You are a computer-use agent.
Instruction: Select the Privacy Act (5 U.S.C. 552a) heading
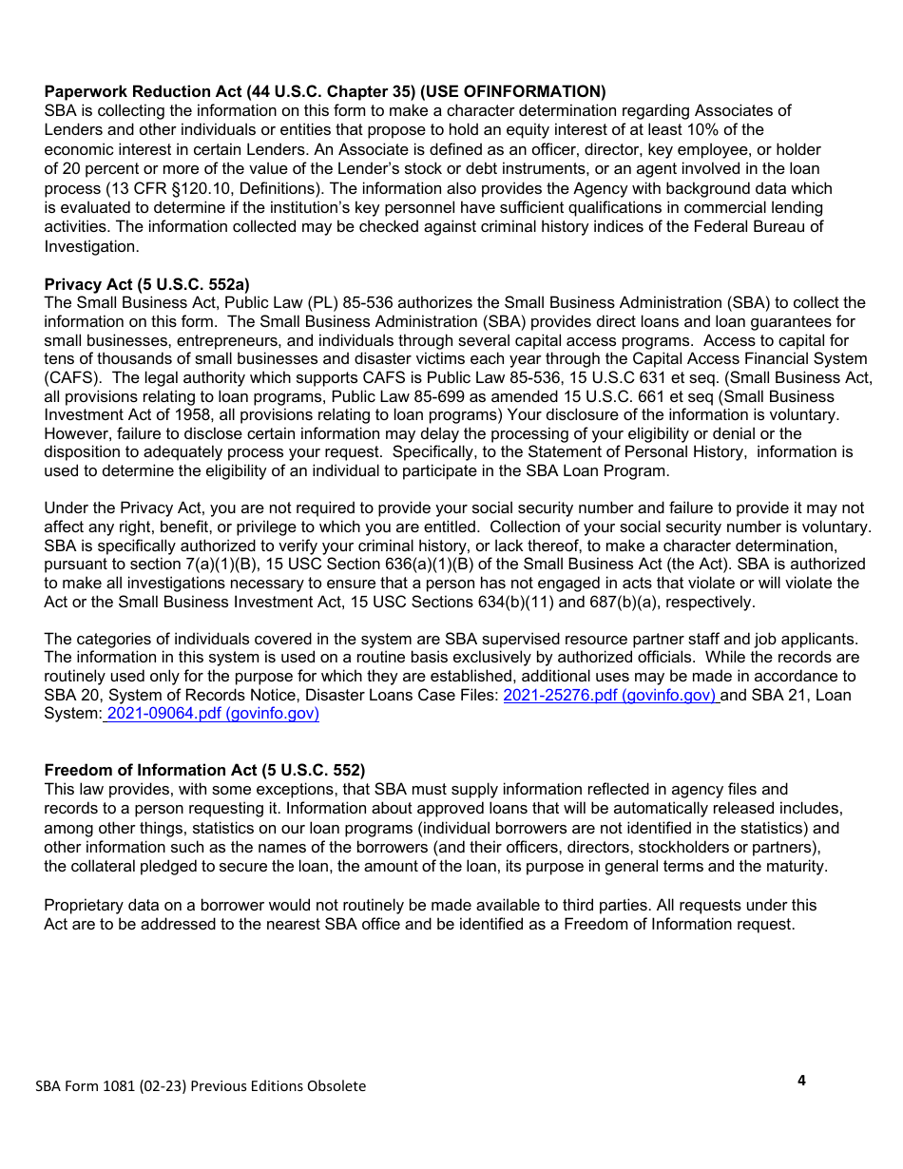coord(146,284)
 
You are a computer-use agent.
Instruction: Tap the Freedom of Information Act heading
coord(204,770)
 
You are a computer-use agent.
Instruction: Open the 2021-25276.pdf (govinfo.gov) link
coord(609,695)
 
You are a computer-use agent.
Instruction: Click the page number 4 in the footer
coord(801,1080)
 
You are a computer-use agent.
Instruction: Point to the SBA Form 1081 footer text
coord(200,1086)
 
